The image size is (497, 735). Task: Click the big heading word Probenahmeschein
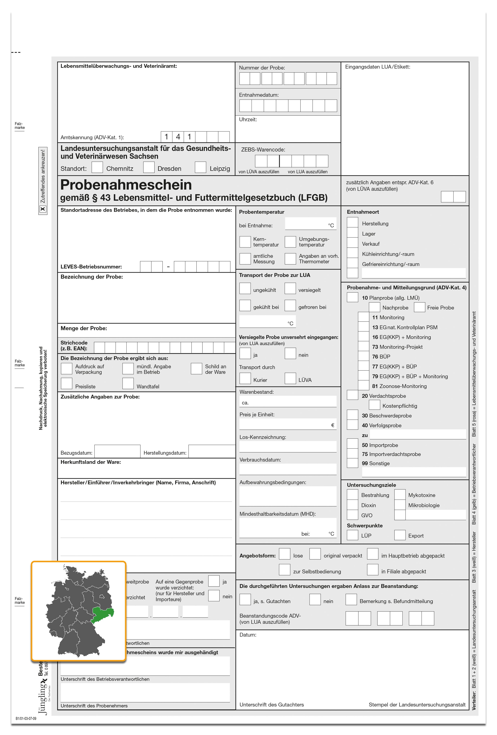pos(126,185)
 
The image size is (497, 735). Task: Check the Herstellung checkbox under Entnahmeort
pos(352,223)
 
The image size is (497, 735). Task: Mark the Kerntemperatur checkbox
pos(245,242)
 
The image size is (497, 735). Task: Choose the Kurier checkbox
pos(245,378)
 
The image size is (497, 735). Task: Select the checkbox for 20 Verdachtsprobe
pos(352,395)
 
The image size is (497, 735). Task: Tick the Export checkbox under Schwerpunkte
pos(400,535)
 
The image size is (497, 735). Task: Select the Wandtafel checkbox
pos(128,383)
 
